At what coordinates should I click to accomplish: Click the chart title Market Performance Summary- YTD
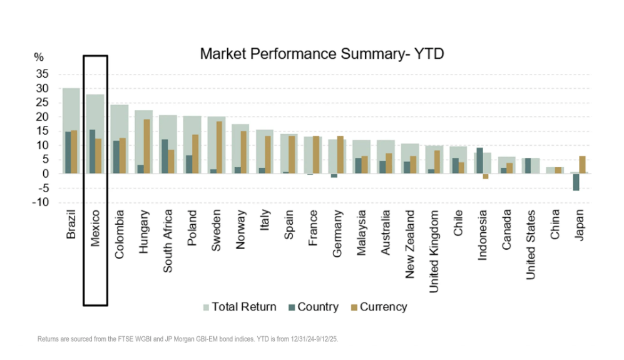click(322, 54)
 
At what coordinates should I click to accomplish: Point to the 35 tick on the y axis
click(41, 74)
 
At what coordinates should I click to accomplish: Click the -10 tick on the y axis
click(40, 202)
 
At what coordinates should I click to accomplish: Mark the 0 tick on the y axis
click(44, 173)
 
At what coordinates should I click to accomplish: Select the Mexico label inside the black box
click(95, 228)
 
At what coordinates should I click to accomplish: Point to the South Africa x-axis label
click(167, 241)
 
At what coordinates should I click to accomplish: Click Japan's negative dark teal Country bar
click(575, 182)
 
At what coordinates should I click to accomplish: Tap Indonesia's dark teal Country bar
click(479, 160)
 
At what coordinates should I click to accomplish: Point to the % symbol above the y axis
click(39, 57)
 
